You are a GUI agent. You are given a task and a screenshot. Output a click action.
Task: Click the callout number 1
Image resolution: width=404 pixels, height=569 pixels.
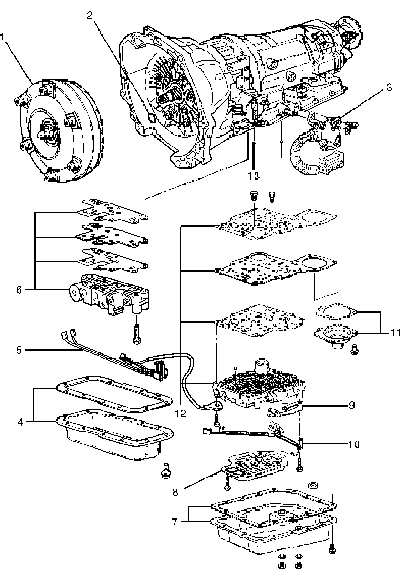[3, 36]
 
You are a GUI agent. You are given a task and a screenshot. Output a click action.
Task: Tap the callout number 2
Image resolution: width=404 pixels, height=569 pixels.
[89, 15]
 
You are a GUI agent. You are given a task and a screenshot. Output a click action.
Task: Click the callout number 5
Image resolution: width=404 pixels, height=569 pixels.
[19, 350]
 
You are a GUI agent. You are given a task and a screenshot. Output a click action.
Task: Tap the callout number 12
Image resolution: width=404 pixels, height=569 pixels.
[181, 413]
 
